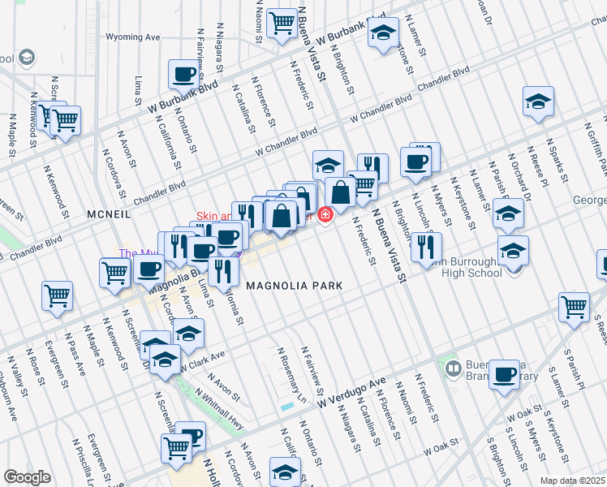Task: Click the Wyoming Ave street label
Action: [134, 37]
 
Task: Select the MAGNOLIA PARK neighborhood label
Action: [295, 286]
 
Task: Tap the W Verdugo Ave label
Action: [351, 392]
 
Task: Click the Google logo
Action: [27, 477]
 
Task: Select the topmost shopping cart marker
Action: [282, 24]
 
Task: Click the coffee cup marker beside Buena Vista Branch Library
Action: [504, 374]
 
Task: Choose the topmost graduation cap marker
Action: [382, 32]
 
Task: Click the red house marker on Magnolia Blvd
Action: [325, 215]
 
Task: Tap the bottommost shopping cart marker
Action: [176, 446]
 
